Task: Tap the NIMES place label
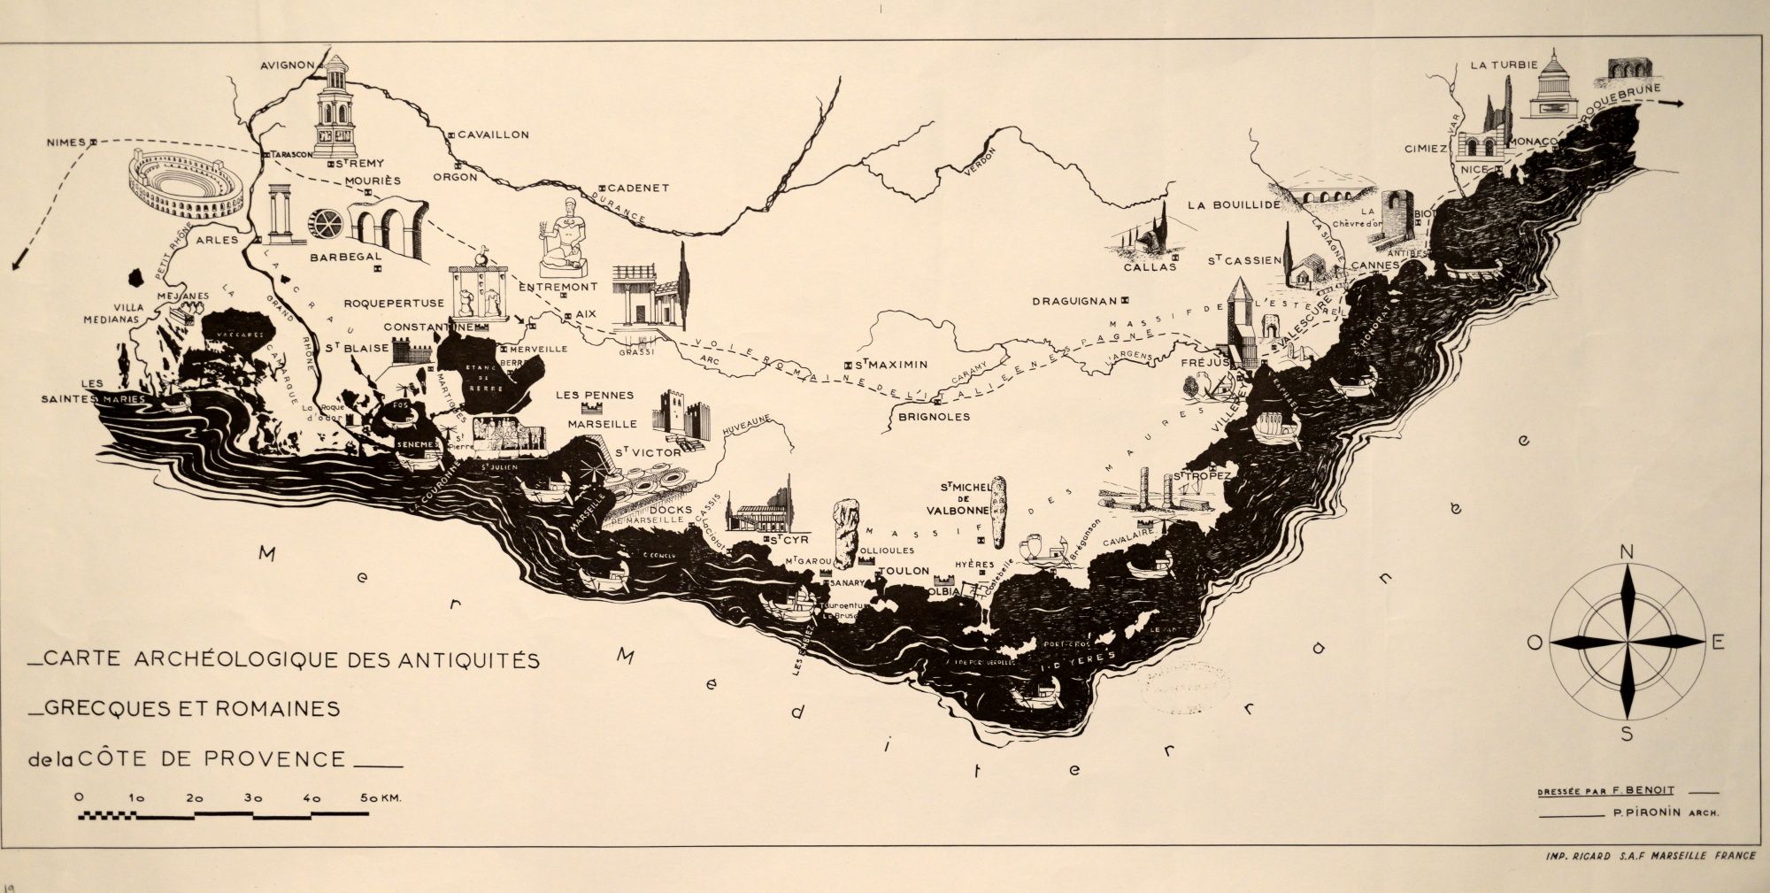[67, 142]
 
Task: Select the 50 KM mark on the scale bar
[381, 797]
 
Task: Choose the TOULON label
[903, 572]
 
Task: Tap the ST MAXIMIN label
[893, 364]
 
